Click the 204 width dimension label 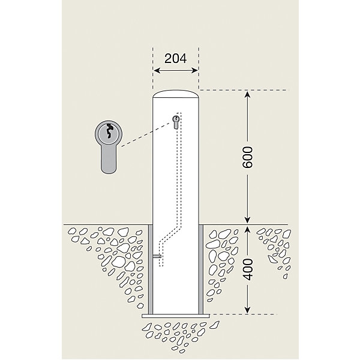(x=176, y=58)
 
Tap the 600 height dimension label (x=247, y=157)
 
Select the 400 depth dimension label (x=247, y=269)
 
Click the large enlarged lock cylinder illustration (x=109, y=147)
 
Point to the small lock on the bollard (x=176, y=122)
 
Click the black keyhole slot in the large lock (x=109, y=131)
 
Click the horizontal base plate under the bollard (x=176, y=316)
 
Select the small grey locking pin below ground (x=157, y=256)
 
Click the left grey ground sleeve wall (x=151, y=270)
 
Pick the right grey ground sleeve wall (x=201, y=270)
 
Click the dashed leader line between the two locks (x=146, y=134)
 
